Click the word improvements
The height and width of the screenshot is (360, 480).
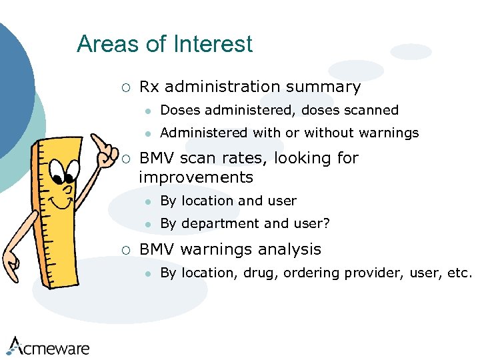pos(196,177)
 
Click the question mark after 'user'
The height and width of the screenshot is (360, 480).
pos(327,223)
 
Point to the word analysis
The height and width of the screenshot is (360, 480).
pos(289,249)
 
